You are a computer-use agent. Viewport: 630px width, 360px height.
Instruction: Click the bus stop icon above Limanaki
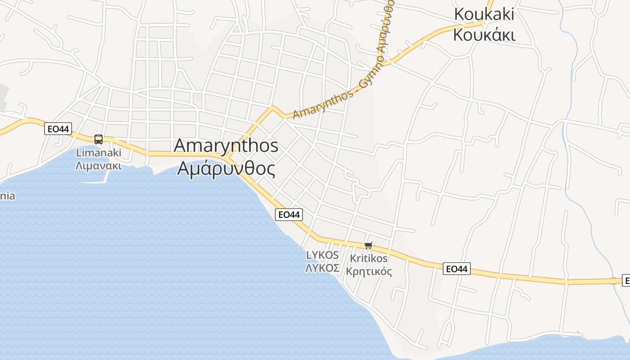tap(99, 139)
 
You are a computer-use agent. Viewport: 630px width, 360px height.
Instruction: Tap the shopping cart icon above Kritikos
tap(369, 245)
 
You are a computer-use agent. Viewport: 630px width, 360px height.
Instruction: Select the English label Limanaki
tap(99, 153)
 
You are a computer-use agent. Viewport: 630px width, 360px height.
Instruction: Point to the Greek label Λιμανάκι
tap(99, 165)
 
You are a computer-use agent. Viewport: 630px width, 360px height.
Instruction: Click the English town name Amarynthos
tap(226, 146)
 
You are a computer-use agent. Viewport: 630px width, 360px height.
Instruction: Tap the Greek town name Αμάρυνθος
tap(226, 168)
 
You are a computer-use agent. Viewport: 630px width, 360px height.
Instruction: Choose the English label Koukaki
tap(484, 14)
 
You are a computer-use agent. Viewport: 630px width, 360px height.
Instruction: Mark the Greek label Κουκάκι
tap(484, 35)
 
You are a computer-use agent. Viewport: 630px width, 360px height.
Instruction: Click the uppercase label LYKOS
tap(322, 255)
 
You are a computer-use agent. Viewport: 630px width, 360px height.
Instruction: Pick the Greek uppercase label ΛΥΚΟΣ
tap(322, 268)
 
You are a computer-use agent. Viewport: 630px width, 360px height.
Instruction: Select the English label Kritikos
tap(369, 259)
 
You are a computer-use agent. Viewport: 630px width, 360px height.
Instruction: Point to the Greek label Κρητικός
tap(369, 272)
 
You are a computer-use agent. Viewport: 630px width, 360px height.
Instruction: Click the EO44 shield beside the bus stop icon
tap(58, 129)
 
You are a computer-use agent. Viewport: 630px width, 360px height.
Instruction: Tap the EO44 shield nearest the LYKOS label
tap(289, 215)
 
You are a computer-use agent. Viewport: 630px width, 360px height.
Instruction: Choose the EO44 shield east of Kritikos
tap(456, 269)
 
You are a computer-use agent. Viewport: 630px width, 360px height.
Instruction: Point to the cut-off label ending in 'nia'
tap(7, 196)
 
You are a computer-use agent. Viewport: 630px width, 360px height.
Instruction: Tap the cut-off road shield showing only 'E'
tap(626, 280)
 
